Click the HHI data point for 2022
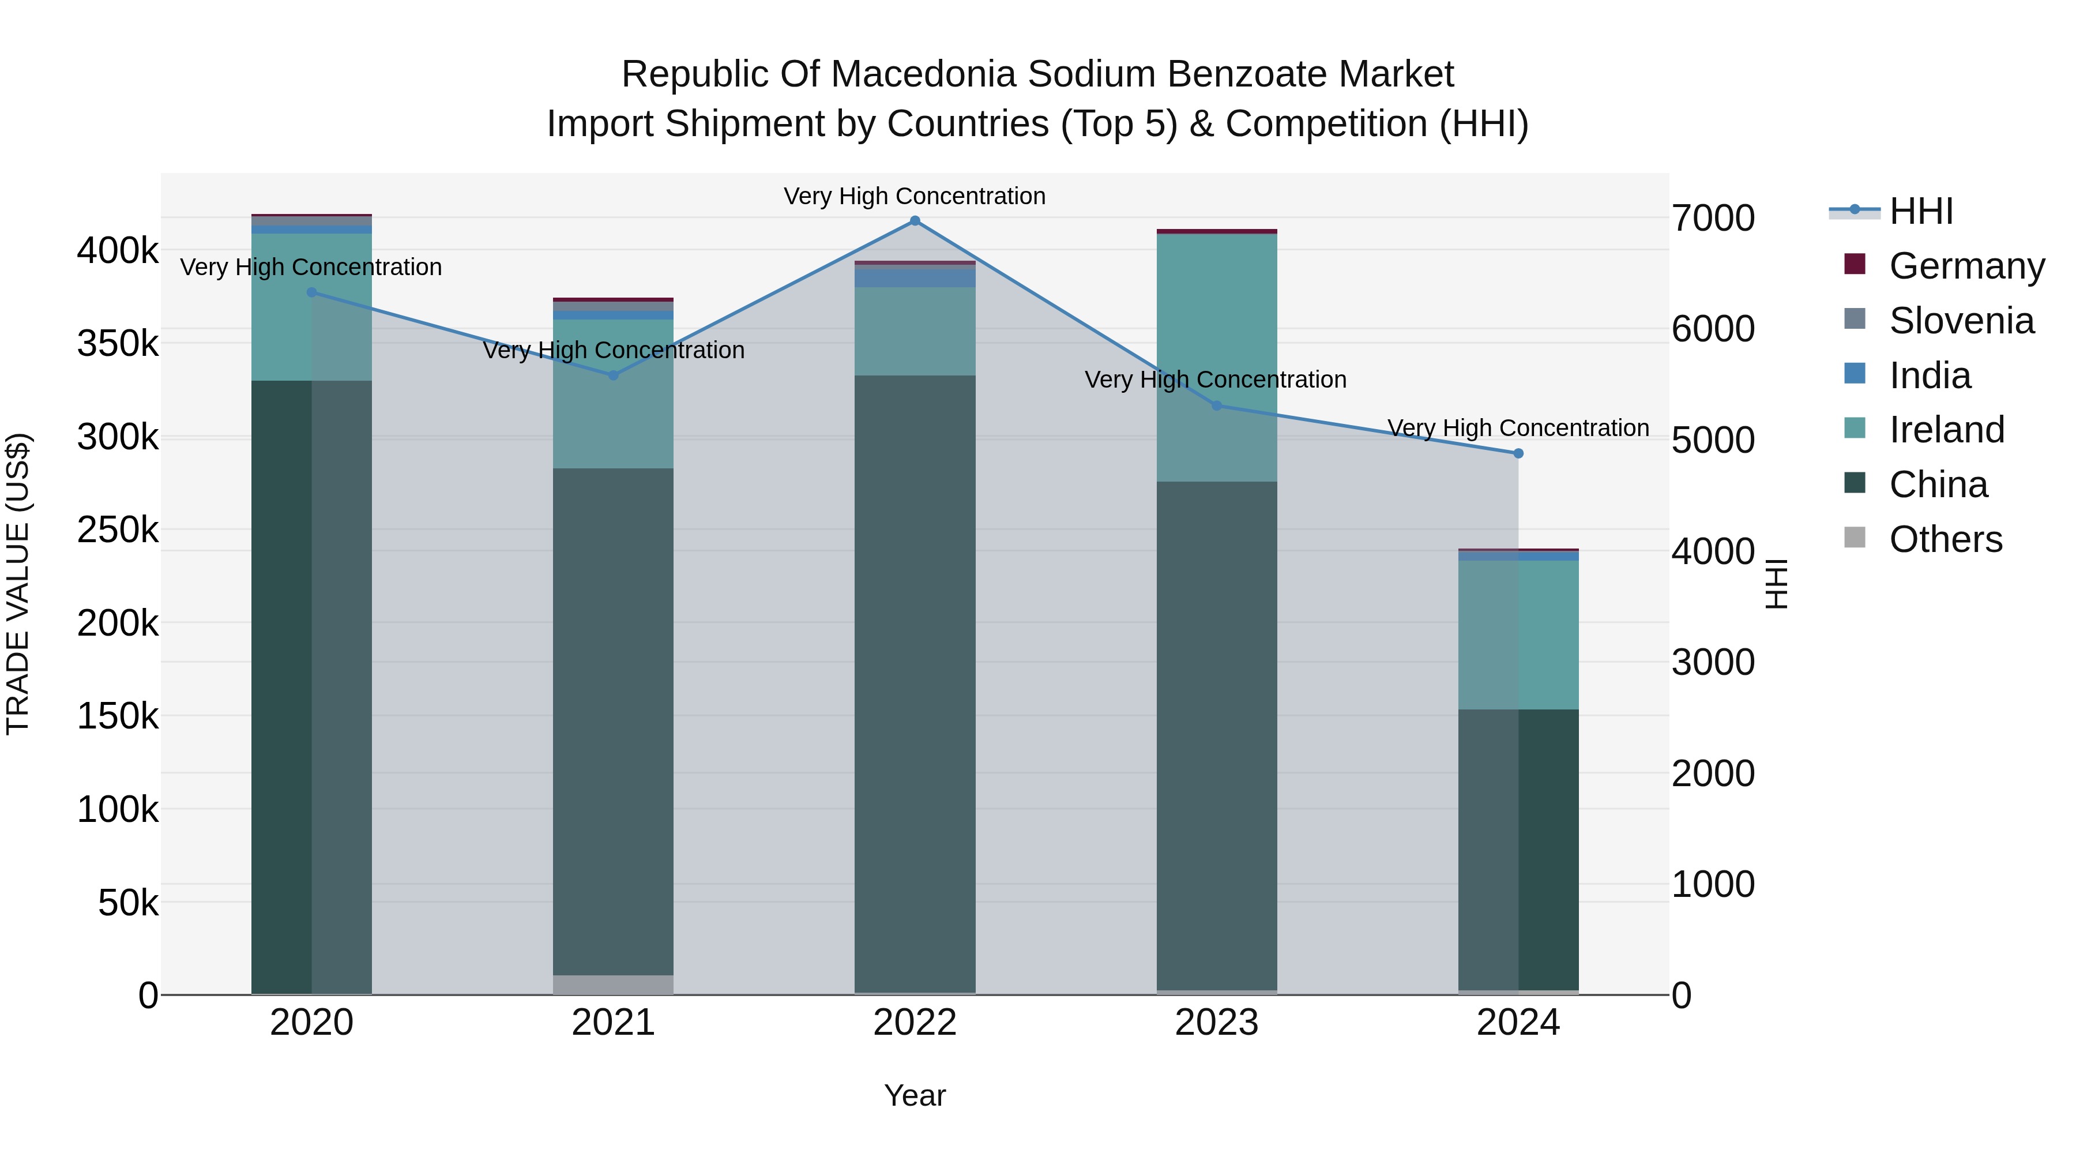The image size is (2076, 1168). (x=915, y=221)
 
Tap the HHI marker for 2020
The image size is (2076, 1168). (x=312, y=292)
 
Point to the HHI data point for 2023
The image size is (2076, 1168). (x=1217, y=405)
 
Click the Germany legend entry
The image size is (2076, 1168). (x=1966, y=265)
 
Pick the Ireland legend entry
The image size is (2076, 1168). (x=1946, y=430)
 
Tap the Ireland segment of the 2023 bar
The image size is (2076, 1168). (x=1217, y=358)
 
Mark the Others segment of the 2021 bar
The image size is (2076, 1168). (x=614, y=985)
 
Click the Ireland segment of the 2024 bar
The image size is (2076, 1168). (x=1518, y=635)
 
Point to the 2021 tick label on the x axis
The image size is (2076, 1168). (x=614, y=1023)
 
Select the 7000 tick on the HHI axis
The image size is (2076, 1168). (x=1713, y=219)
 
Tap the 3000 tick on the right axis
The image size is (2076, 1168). (x=1713, y=663)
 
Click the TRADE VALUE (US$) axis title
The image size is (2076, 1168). (x=18, y=584)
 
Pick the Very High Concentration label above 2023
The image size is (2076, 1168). (x=1215, y=380)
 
